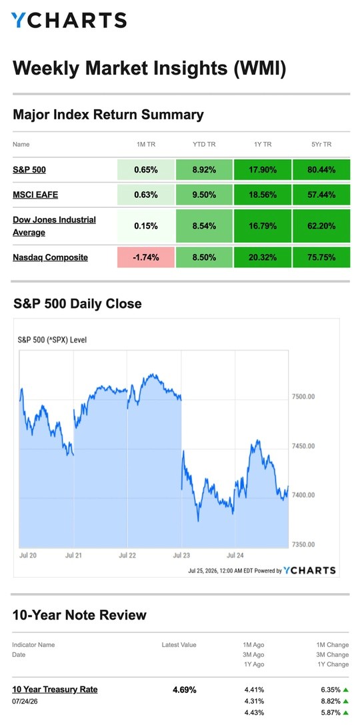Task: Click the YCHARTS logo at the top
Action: [x=69, y=21]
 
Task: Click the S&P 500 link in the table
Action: [x=29, y=170]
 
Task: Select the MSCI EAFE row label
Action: [x=35, y=195]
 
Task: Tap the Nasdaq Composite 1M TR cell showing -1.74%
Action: [x=146, y=257]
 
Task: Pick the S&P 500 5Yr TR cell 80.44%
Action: [x=321, y=170]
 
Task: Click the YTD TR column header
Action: [x=204, y=144]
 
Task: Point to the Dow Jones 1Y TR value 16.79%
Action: [x=263, y=226]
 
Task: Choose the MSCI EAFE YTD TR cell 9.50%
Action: [x=204, y=195]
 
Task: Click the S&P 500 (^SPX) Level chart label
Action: [x=52, y=340]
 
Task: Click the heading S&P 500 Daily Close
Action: [x=77, y=304]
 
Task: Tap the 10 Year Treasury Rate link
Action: [x=55, y=690]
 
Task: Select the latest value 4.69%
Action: [x=185, y=690]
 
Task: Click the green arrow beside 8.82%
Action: [x=345, y=701]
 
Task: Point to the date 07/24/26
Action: [x=25, y=701]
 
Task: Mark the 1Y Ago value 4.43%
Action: [x=254, y=712]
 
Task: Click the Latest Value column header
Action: [x=179, y=644]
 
